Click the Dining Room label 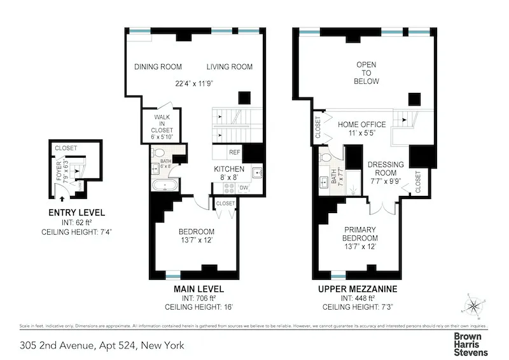[158, 67]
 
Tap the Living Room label [229, 67]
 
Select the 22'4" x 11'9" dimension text [197, 83]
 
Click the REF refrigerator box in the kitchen [235, 153]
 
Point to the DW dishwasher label [244, 188]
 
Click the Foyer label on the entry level [59, 173]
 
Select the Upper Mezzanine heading [359, 289]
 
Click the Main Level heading [199, 289]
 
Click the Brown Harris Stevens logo [470, 344]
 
